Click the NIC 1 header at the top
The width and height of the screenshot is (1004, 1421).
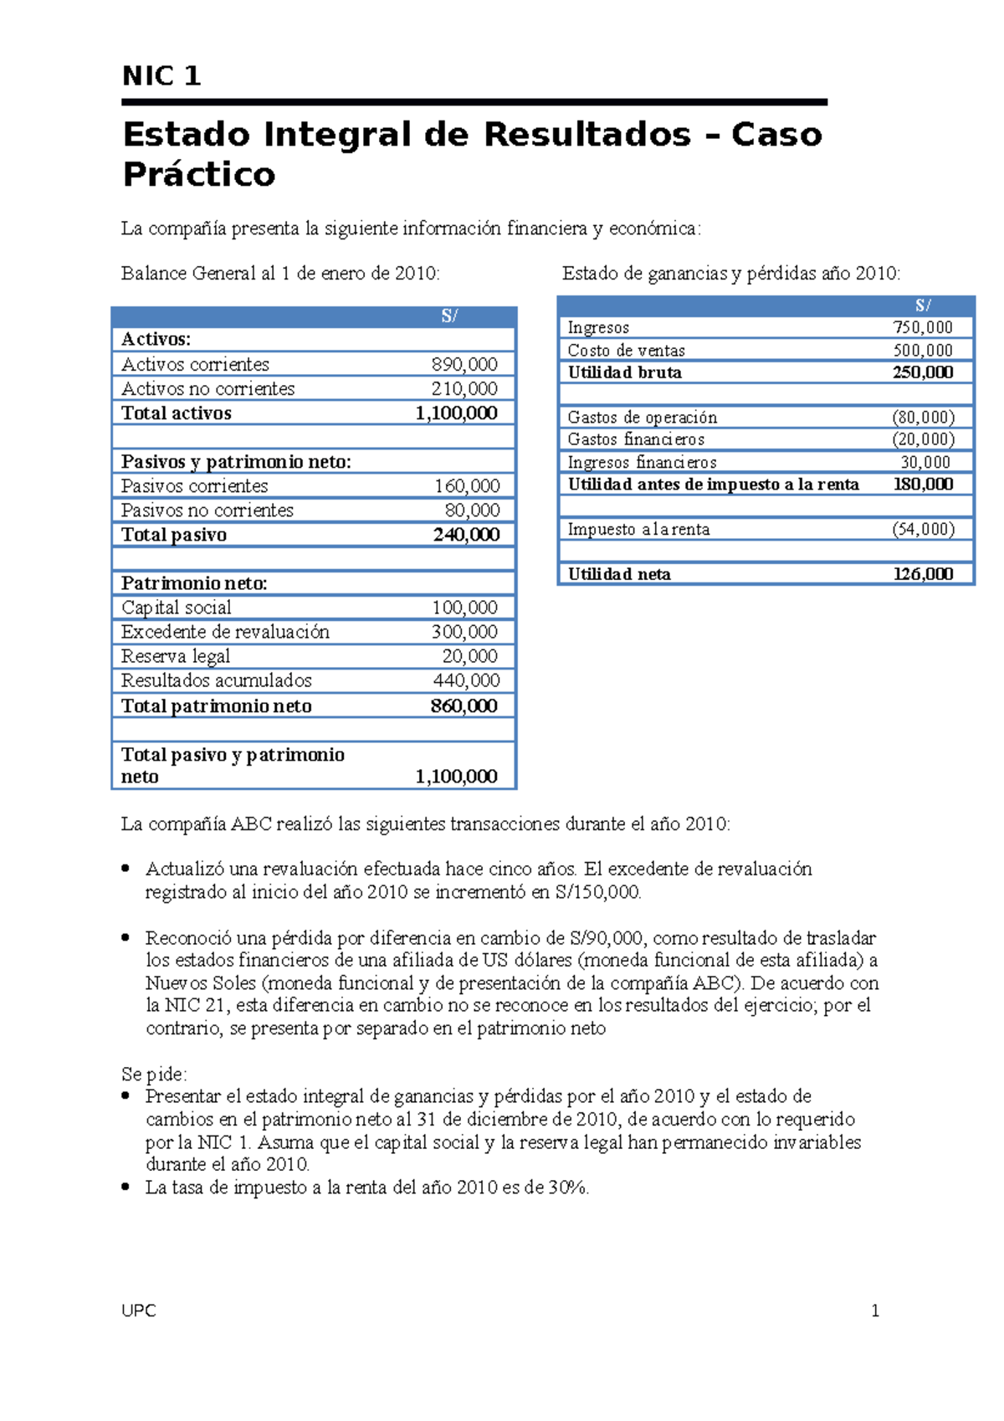(x=161, y=76)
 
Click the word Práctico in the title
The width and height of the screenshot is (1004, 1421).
(x=198, y=175)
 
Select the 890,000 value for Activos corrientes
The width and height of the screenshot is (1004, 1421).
(x=464, y=365)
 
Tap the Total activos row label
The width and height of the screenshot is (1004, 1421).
(x=177, y=413)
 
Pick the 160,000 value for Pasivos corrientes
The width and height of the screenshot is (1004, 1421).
(x=467, y=486)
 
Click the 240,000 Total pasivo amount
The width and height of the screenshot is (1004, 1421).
(x=466, y=535)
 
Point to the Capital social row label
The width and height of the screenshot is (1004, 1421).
(x=177, y=608)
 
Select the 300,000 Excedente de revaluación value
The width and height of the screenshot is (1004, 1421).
(x=464, y=632)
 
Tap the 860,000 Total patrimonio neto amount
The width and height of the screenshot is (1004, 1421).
(x=464, y=706)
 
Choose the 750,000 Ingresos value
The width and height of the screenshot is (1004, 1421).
(x=923, y=328)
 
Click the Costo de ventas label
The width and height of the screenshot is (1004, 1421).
(x=626, y=351)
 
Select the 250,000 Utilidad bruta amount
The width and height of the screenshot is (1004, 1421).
(x=923, y=372)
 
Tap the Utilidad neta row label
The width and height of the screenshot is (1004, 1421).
(x=619, y=574)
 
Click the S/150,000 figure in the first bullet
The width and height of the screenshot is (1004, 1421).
(x=597, y=892)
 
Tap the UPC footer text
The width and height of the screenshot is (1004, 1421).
(x=139, y=1311)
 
